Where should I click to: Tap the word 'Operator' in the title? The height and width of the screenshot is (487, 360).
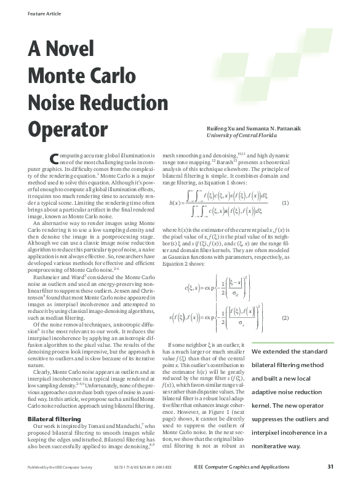pos(68,129)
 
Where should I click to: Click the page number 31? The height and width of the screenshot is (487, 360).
pos(330,466)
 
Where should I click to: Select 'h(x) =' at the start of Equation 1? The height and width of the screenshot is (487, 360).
pos(177,202)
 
